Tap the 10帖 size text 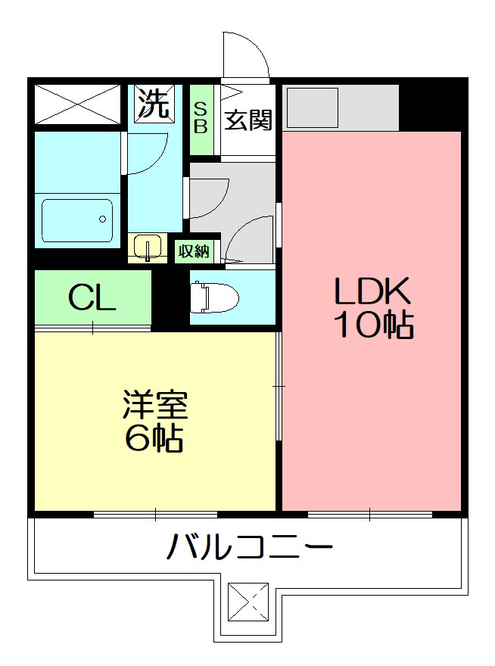pyautogui.click(x=373, y=325)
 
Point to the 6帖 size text pyautogui.click(x=155, y=438)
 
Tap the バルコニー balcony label pyautogui.click(x=249, y=546)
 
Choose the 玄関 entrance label pyautogui.click(x=248, y=120)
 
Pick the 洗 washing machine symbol pyautogui.click(x=154, y=104)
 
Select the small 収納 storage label pyautogui.click(x=195, y=251)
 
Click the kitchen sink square pyautogui.click(x=313, y=107)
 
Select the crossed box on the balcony pyautogui.click(x=247, y=602)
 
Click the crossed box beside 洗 pyautogui.click(x=77, y=104)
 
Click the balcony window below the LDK pyautogui.click(x=369, y=515)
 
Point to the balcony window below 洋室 pyautogui.click(x=155, y=515)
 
